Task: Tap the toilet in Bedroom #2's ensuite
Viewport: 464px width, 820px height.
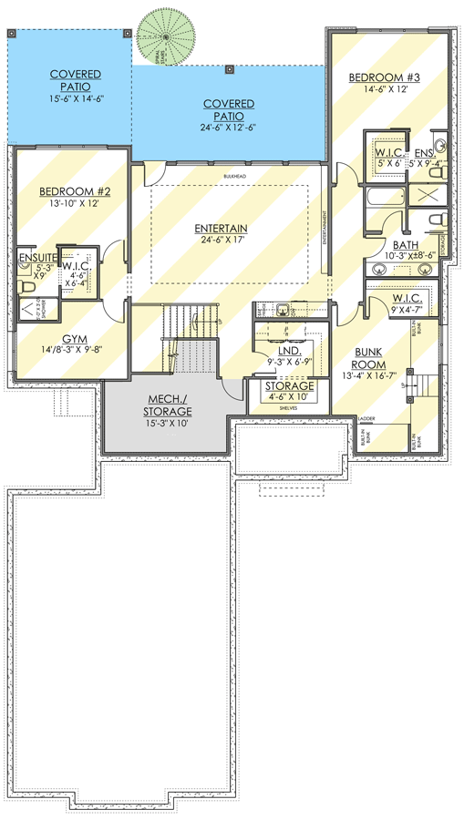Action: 26,287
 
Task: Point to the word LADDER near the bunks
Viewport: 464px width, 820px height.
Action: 367,419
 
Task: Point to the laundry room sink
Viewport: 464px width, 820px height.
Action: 284,310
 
